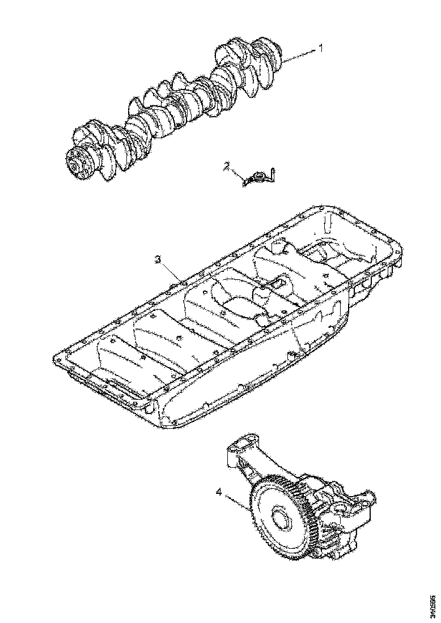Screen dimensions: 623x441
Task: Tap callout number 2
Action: tap(227, 166)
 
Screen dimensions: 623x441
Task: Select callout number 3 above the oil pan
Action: tap(159, 259)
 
